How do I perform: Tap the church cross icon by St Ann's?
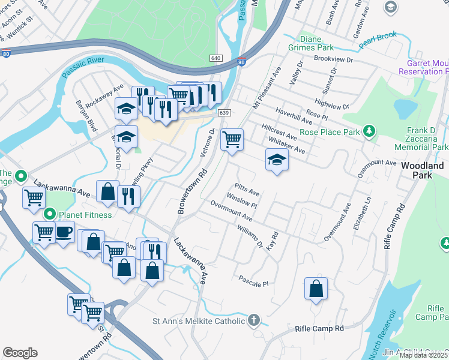tap(254, 320)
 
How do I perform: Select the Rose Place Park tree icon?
tap(370, 131)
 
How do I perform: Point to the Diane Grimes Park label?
tap(316, 43)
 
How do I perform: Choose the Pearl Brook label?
tap(378, 40)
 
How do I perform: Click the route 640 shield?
tap(216, 58)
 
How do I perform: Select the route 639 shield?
tap(224, 113)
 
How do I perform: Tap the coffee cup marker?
tap(64, 232)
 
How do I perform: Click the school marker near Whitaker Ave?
tap(277, 160)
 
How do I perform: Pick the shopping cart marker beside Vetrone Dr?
tap(232, 140)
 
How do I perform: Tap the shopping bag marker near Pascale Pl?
tap(316, 289)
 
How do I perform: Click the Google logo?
tap(20, 353)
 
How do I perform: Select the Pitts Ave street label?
tap(247, 190)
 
